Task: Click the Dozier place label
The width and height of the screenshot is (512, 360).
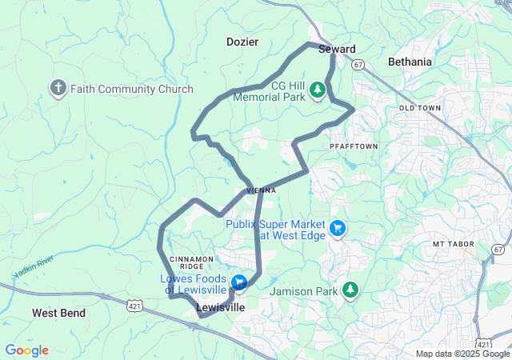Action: click(x=243, y=41)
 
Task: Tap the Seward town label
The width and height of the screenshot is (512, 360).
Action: click(x=337, y=50)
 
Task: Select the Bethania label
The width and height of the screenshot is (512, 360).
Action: click(x=409, y=62)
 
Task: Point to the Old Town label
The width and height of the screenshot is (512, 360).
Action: click(x=419, y=107)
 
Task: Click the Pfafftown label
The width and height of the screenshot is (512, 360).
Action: click(x=353, y=147)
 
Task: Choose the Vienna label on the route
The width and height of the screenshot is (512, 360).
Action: click(x=262, y=190)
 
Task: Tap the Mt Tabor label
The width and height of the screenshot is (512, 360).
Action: click(x=454, y=243)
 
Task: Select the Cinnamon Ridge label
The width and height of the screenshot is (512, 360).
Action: click(x=192, y=263)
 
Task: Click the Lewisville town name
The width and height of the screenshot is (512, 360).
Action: click(x=221, y=308)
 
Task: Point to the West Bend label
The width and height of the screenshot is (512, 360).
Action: click(x=58, y=313)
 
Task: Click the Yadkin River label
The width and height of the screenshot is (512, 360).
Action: click(x=33, y=267)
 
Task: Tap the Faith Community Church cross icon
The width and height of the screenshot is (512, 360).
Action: click(x=58, y=88)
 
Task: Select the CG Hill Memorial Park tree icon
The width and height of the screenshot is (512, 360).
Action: click(x=318, y=89)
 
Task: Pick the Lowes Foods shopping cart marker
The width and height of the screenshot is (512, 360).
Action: click(x=238, y=282)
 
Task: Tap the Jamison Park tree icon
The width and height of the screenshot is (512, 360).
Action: click(x=350, y=290)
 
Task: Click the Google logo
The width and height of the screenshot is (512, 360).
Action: click(x=26, y=350)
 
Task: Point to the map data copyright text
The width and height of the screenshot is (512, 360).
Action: click(x=462, y=354)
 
